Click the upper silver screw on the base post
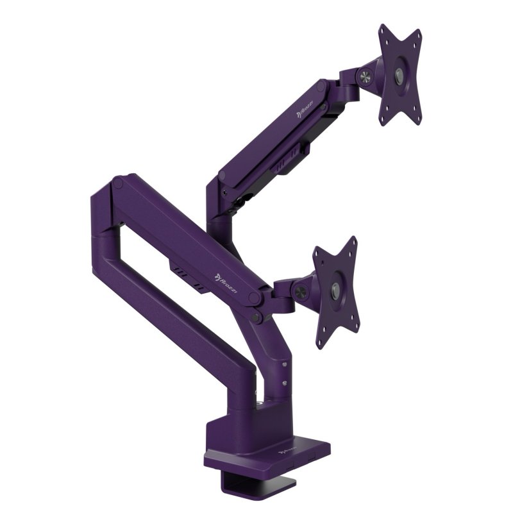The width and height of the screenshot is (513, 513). pos(283,366)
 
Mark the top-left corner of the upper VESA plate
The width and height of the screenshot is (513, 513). pos(383,29)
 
